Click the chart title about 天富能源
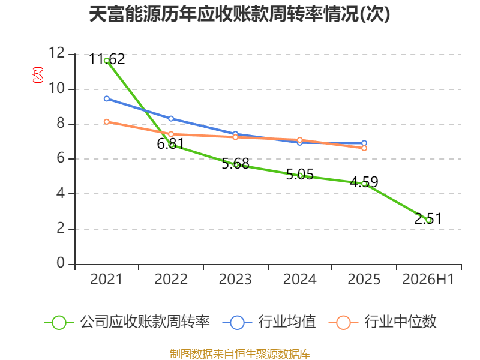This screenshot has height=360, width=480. (239, 14)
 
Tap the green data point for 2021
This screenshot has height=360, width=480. (107, 61)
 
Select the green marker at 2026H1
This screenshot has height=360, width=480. (428, 220)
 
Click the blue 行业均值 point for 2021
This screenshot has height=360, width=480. (107, 98)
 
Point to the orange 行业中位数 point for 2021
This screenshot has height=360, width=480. (107, 122)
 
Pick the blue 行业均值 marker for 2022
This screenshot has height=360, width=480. (171, 118)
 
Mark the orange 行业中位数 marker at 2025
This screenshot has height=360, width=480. (364, 148)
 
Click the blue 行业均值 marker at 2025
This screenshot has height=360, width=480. (364, 143)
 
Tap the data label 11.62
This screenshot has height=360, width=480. (107, 59)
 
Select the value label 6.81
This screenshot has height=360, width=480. (171, 143)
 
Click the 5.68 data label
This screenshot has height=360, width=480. (235, 163)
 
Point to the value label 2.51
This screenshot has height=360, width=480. (428, 218)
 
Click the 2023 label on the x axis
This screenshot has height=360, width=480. (235, 279)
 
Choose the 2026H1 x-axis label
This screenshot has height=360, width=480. (428, 279)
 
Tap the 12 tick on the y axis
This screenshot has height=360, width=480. (57, 53)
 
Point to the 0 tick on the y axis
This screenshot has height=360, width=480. (61, 263)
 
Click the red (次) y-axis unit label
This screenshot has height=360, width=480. (38, 75)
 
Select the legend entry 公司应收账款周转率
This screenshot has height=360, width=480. (127, 322)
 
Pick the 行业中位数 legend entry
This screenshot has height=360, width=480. (383, 322)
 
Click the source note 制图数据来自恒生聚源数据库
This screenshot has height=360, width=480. (240, 354)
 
